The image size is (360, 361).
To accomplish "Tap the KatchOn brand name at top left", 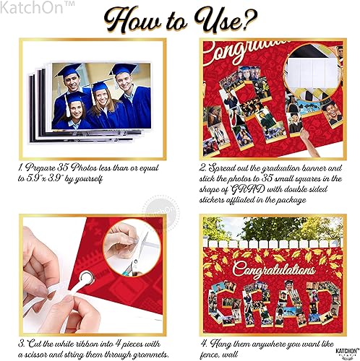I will pos(27,6).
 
